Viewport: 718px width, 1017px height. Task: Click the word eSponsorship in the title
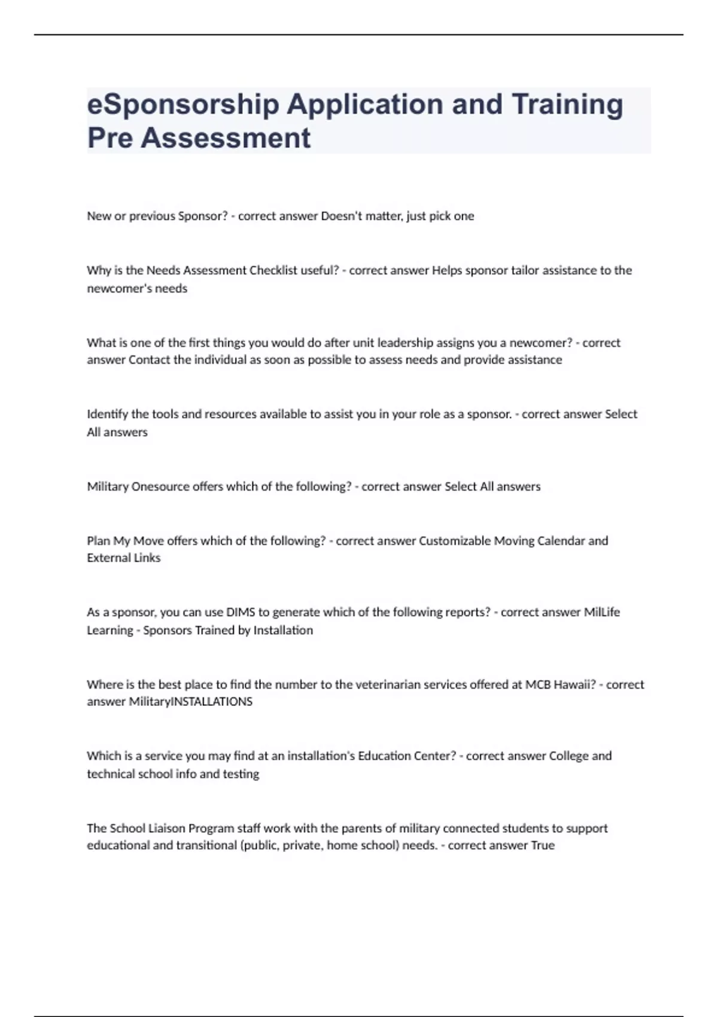[x=183, y=105]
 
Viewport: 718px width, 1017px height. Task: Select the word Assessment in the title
[x=226, y=138]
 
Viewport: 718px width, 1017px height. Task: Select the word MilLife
[x=602, y=613]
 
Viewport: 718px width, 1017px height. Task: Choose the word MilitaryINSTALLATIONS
[x=191, y=702]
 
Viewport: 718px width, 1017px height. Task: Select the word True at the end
[x=543, y=846]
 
